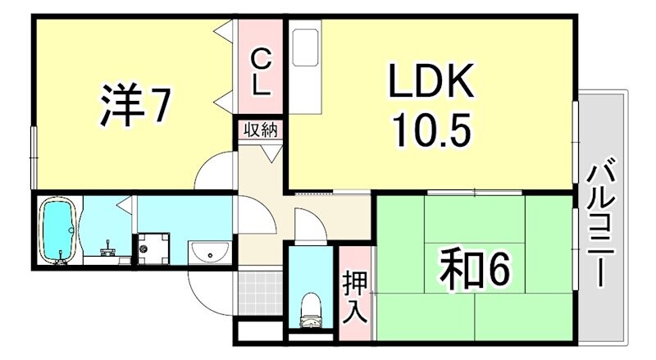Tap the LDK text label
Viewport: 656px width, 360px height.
pos(431,83)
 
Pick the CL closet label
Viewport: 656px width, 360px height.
pos(260,71)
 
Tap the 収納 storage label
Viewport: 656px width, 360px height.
pos(260,130)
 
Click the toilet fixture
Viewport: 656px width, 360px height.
pos(311,308)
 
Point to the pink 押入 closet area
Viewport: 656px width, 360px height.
pos(356,295)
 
